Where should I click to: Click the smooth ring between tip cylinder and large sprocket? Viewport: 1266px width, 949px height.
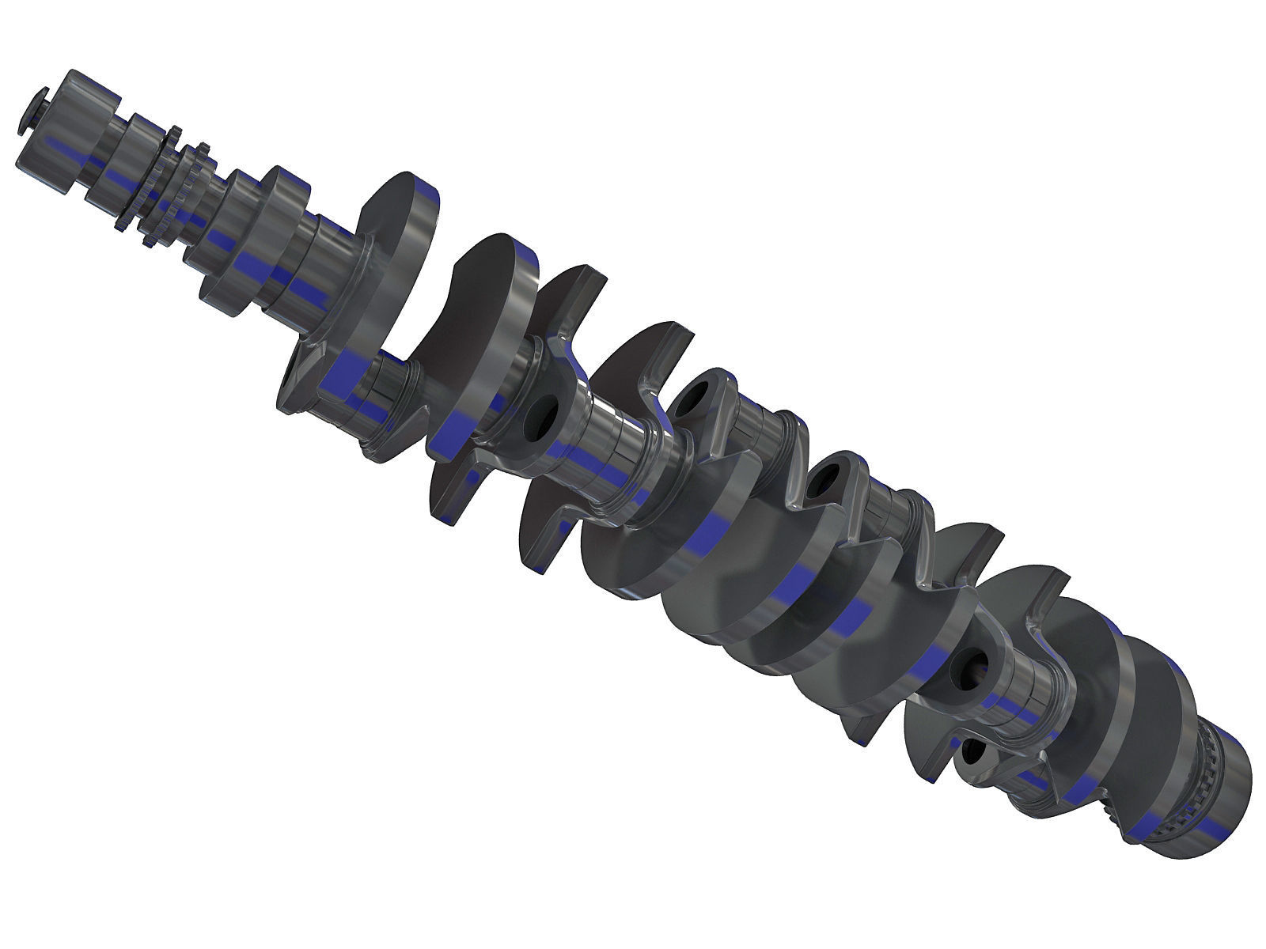point(119,162)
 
